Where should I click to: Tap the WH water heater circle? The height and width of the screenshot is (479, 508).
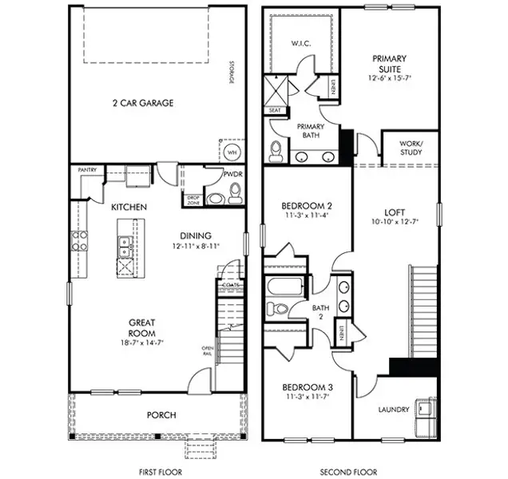[x=232, y=152]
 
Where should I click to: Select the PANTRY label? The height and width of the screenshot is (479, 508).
[x=87, y=170]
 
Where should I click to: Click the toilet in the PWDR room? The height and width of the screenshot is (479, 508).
[x=234, y=192]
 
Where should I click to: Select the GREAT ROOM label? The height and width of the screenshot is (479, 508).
[x=141, y=327]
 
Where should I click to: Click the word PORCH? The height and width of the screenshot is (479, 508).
[x=161, y=415]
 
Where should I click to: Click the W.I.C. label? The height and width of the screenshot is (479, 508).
[x=300, y=43]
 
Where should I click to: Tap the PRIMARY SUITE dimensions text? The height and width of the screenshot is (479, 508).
[x=388, y=78]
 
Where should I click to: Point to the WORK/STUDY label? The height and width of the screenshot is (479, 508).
[x=413, y=148]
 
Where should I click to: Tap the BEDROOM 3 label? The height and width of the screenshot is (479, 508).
[x=308, y=388]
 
